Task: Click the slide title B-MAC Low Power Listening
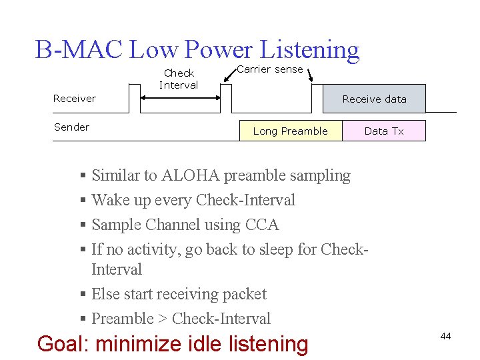197,50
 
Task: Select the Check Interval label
179,79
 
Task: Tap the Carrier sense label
270,69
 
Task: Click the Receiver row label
75,99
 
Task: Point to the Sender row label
71,127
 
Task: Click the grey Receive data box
374,99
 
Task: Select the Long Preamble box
291,131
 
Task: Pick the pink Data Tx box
384,131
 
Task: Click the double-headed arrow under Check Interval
180,97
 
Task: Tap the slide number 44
445,336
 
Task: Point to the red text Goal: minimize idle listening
173,344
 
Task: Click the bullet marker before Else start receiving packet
83,295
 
